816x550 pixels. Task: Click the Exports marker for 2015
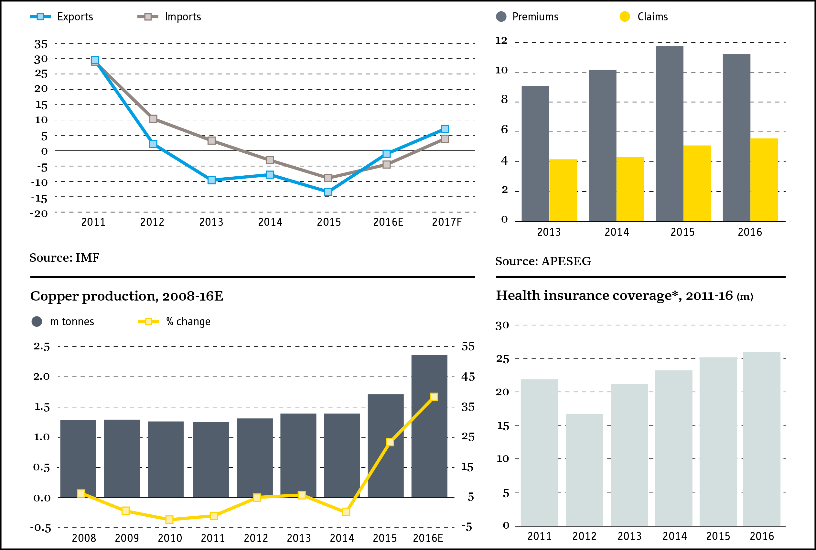(x=328, y=192)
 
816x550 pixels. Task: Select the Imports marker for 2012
(x=153, y=119)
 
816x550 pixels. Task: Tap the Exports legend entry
(x=62, y=16)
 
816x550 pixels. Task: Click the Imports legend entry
(x=169, y=16)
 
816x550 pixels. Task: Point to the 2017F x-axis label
(x=446, y=222)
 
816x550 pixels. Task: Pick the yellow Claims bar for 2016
(x=764, y=180)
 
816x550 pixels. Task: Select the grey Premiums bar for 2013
(x=535, y=154)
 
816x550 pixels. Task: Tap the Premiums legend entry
(x=527, y=16)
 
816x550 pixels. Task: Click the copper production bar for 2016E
(x=429, y=426)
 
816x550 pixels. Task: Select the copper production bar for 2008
(x=78, y=458)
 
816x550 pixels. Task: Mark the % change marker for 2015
(x=390, y=442)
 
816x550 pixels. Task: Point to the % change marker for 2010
(x=169, y=519)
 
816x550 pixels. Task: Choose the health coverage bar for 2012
(x=584, y=470)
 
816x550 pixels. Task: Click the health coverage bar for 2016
(x=762, y=439)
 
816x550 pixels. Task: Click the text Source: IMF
(x=64, y=258)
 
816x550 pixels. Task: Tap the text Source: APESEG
(x=543, y=261)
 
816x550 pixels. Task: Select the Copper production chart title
(x=126, y=296)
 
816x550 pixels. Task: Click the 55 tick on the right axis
(x=468, y=346)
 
